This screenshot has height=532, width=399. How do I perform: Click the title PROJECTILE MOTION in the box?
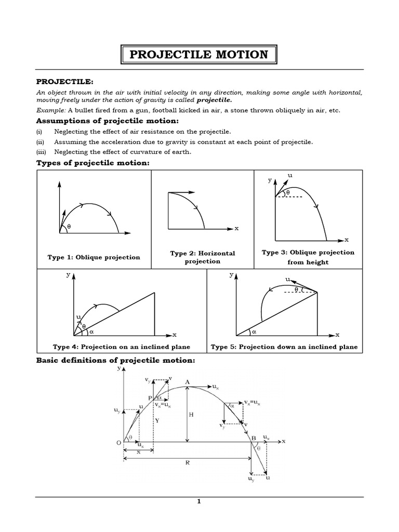(199, 55)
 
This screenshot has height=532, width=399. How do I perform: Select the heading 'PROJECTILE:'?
(64, 82)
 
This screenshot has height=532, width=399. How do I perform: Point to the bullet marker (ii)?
(39, 142)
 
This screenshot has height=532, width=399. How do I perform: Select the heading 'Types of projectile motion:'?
(92, 163)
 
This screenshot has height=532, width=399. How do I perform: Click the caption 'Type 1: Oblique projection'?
(94, 257)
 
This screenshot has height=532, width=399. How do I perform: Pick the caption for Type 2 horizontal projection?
(203, 257)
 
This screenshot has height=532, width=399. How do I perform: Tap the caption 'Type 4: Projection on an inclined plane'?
(121, 347)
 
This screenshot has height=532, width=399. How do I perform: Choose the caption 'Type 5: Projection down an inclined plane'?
(284, 347)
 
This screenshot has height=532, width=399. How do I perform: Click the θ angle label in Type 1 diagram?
(69, 227)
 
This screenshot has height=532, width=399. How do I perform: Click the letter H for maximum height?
(191, 415)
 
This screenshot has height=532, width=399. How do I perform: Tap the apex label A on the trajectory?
(187, 382)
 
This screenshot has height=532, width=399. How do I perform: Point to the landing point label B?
(254, 438)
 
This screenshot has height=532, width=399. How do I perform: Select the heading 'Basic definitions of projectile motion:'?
(115, 361)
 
